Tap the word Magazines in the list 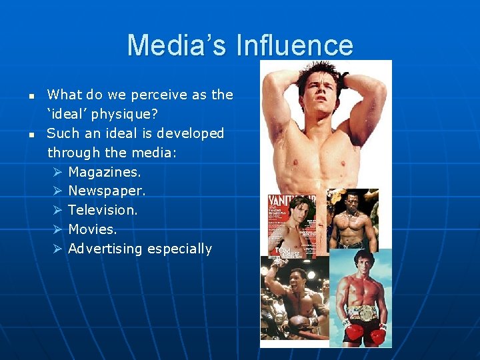click(x=104, y=172)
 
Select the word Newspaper click(x=106, y=191)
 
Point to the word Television click(x=103, y=210)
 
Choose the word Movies click(x=92, y=229)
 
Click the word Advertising click(x=105, y=249)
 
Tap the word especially click(x=179, y=249)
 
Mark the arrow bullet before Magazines click(x=57, y=172)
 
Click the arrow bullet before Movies click(x=57, y=229)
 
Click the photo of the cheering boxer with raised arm click(x=293, y=300)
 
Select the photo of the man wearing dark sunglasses click(x=353, y=220)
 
